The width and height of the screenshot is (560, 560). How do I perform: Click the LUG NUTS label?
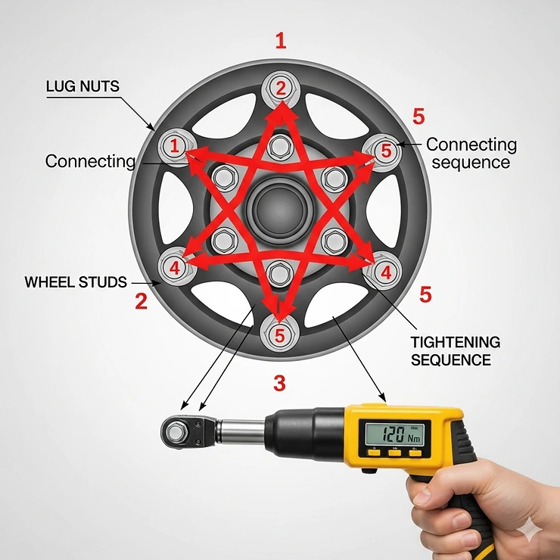click(82, 86)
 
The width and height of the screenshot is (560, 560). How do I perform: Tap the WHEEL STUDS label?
click(76, 282)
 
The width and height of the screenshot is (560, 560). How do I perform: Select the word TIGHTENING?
click(455, 342)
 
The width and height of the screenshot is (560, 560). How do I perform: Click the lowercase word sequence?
click(468, 162)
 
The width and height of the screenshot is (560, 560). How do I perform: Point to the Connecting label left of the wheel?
click(90, 160)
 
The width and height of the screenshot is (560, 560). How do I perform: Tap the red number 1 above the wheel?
click(281, 41)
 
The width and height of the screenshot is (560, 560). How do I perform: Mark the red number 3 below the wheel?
click(279, 383)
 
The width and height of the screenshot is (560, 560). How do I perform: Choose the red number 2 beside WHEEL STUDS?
click(141, 301)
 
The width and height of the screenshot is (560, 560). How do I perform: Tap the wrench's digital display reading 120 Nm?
click(394, 434)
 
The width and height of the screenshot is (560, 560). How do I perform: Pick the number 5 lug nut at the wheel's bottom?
click(280, 334)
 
